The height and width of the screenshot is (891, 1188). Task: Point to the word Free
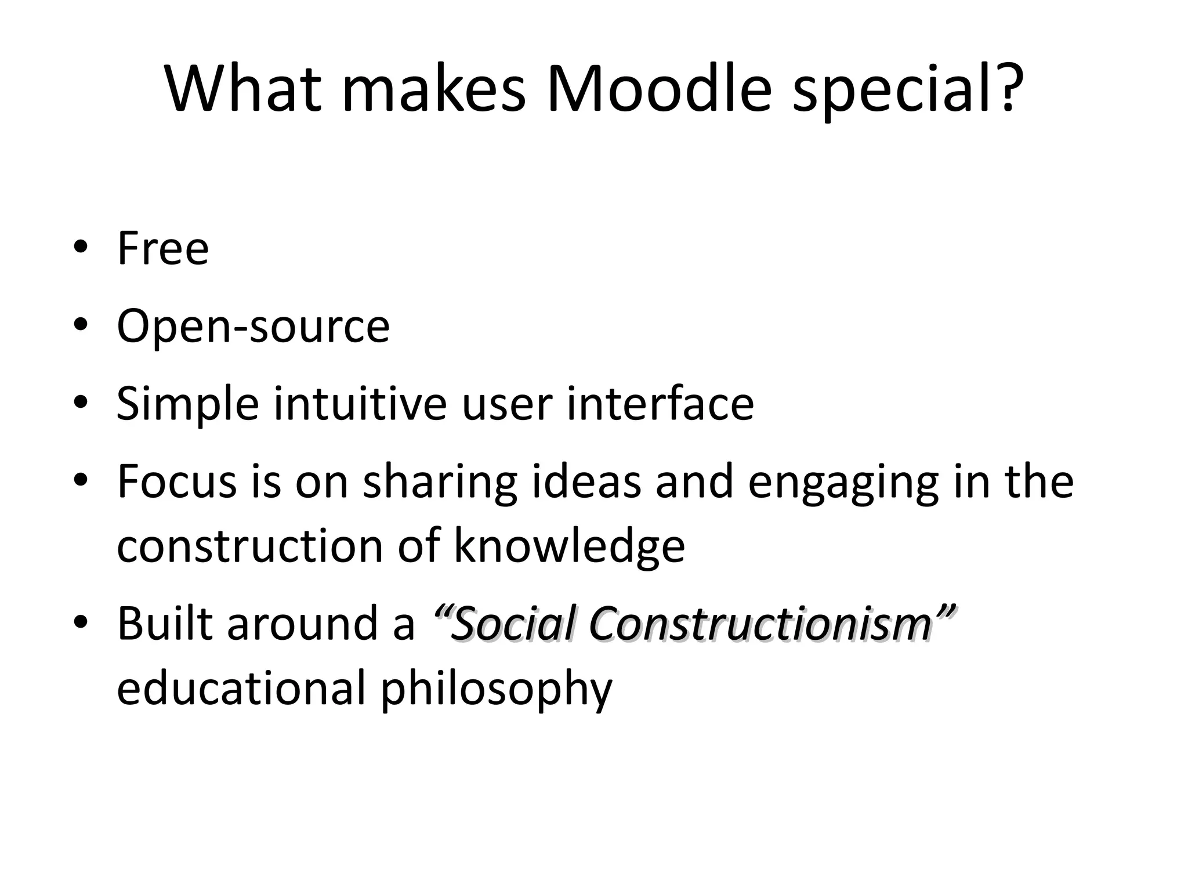tap(163, 248)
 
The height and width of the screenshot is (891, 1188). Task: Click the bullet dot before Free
tap(81, 248)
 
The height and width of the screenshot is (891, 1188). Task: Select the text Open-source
tap(253, 327)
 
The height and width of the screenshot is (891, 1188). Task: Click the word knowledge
tap(569, 546)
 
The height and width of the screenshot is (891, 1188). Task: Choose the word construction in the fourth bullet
tap(250, 546)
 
